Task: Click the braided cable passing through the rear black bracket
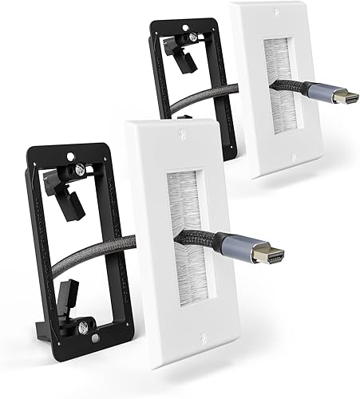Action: [x=192, y=100]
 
